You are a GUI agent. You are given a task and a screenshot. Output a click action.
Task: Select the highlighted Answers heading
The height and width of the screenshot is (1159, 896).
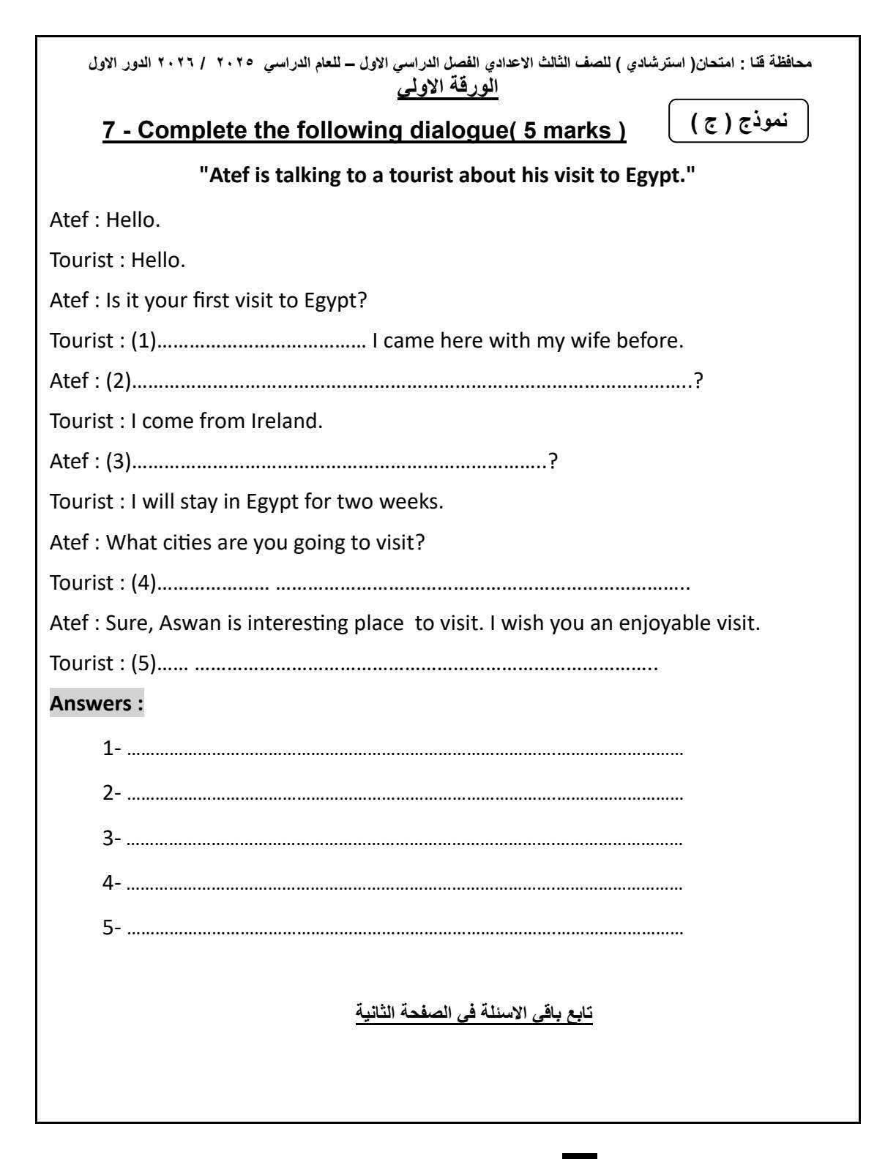coord(96,704)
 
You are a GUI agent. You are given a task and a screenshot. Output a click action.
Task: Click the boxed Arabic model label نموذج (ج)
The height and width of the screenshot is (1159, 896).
coord(739,121)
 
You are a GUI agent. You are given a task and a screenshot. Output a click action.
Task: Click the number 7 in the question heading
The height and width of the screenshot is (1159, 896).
coord(109,131)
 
